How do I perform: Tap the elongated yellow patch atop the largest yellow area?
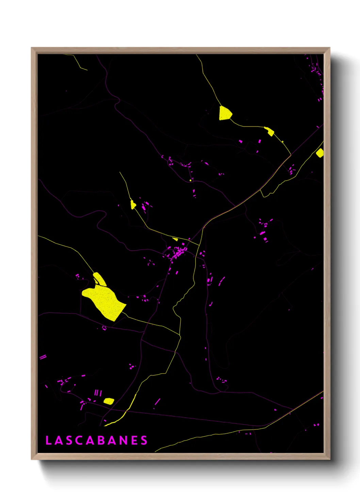point(100,279)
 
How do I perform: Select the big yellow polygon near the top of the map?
point(225,113)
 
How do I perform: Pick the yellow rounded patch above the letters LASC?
point(109,401)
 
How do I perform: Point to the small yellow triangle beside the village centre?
point(175,239)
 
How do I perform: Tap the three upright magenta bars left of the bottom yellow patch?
point(98,393)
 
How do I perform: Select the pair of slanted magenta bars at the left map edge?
point(43,357)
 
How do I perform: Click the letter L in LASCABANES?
point(48,440)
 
